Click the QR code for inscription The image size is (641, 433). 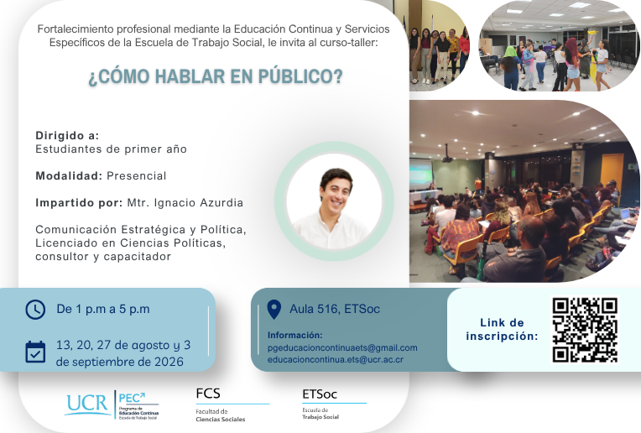pyautogui.click(x=585, y=330)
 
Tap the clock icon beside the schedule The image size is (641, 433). pyautogui.click(x=35, y=310)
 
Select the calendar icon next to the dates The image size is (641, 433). pyautogui.click(x=35, y=352)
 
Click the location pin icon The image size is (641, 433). pyautogui.click(x=274, y=309)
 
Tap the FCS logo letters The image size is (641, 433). pyautogui.click(x=208, y=394)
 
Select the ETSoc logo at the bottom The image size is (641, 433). pyautogui.click(x=320, y=394)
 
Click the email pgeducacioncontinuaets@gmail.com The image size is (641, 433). pyautogui.click(x=342, y=348)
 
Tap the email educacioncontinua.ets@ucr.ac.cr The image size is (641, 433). pyautogui.click(x=336, y=360)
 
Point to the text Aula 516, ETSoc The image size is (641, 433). pyautogui.click(x=335, y=309)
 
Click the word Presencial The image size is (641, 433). pyautogui.click(x=137, y=176)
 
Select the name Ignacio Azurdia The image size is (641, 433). pyautogui.click(x=199, y=203)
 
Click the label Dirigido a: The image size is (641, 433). pyautogui.click(x=67, y=135)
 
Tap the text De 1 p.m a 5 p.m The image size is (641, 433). pyautogui.click(x=103, y=309)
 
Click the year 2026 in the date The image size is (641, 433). pyautogui.click(x=169, y=362)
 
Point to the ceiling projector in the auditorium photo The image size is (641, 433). pyautogui.click(x=447, y=158)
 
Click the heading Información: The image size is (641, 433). pyautogui.click(x=295, y=336)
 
